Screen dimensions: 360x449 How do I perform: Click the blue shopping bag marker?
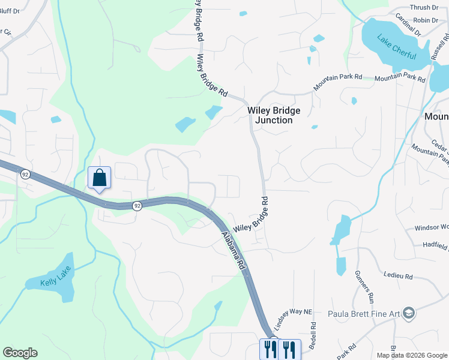tap(99, 178)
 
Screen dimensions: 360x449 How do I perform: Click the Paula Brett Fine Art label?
tap(364, 313)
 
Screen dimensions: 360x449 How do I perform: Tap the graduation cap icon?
tap(409, 313)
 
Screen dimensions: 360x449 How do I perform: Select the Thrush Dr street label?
tap(424, 7)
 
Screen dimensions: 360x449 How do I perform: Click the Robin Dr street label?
tap(426, 20)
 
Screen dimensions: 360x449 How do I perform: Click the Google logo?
tap(20, 353)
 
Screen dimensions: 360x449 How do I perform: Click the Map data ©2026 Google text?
tap(412, 355)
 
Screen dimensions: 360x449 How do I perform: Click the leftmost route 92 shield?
tap(25, 174)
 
